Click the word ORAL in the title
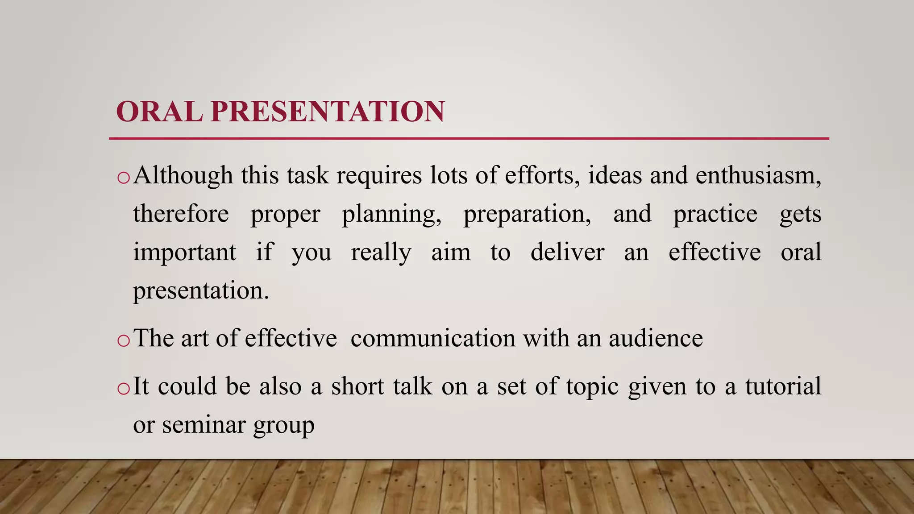pos(159,112)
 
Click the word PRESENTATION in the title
pos(328,112)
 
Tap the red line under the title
pos(469,139)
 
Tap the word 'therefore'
pos(181,214)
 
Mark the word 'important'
pos(185,253)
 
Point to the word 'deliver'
pos(567,252)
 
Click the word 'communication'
pos(433,338)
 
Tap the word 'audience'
pos(656,338)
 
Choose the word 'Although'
pos(183,175)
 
